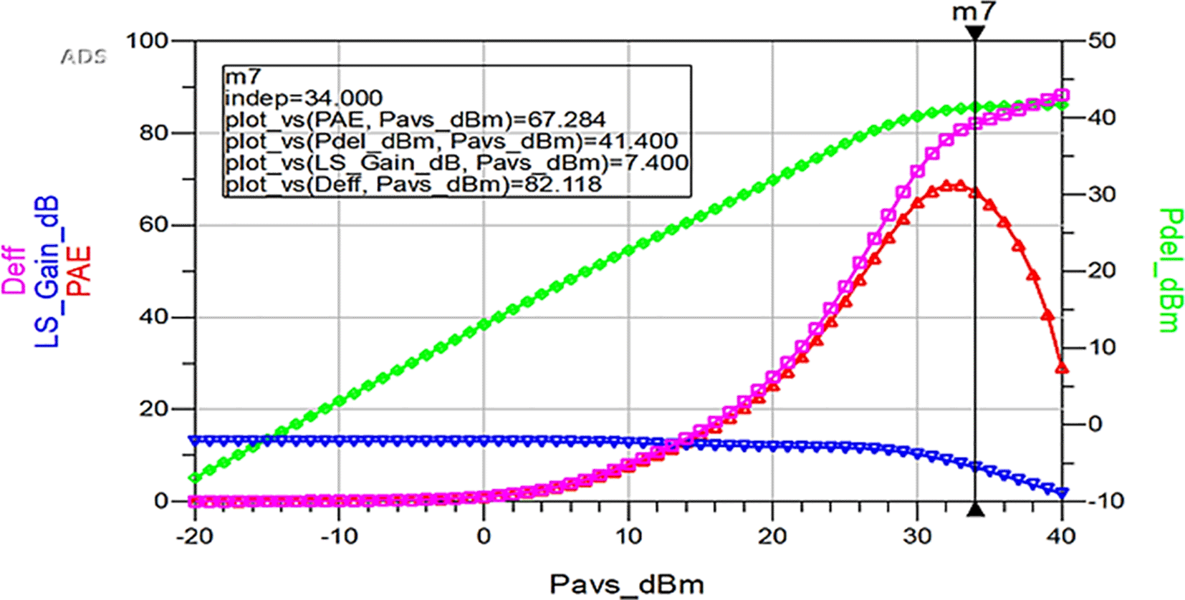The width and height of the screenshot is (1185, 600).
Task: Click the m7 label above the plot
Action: coord(974,12)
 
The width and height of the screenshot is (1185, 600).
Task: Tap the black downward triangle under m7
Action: coord(974,33)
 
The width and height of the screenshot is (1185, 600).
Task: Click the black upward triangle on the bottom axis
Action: coord(975,510)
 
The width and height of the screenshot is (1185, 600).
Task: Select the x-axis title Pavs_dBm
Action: coord(627,584)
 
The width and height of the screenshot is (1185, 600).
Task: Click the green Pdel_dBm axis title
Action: coord(1170,270)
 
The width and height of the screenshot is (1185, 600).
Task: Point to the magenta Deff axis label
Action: coord(14,271)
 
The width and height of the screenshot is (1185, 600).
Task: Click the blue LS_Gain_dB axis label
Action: coord(47,271)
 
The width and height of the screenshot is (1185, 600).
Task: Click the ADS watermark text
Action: coord(83,57)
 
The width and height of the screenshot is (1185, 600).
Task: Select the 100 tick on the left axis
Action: coord(147,41)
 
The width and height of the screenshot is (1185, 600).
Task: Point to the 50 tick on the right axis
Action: coord(1102,41)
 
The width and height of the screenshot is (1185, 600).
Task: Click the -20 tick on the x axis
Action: coord(194,536)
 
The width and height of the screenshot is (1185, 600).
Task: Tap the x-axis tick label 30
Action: coord(917,536)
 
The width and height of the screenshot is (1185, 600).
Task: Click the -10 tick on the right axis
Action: coord(1102,500)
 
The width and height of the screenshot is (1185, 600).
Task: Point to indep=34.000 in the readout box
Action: coord(304,97)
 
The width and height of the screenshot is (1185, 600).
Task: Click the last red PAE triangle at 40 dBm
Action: coord(1062,368)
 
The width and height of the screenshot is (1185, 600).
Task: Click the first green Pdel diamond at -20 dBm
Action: coord(194,478)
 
